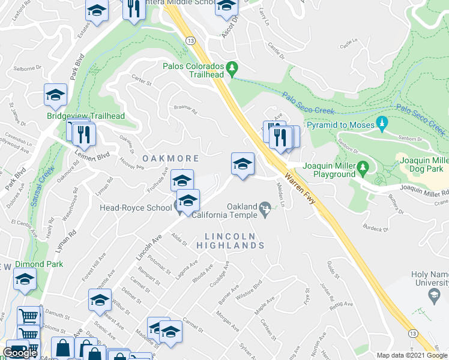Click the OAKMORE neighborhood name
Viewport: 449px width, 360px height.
point(170,158)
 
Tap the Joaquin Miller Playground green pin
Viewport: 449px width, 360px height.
point(362,167)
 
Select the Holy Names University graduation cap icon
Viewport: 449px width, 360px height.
point(433,295)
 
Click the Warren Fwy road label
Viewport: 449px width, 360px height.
point(304,191)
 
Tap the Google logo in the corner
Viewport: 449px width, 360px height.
point(20,353)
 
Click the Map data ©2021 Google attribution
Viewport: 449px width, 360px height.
point(412,355)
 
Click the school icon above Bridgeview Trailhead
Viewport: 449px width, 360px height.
point(55,95)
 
